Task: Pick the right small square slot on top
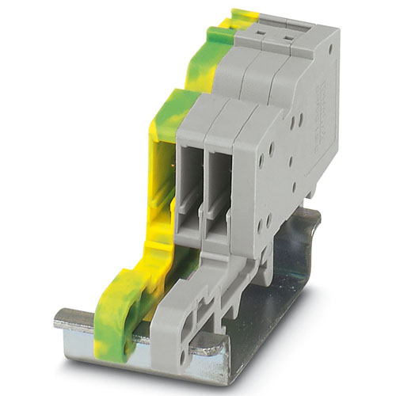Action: coord(288,34)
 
